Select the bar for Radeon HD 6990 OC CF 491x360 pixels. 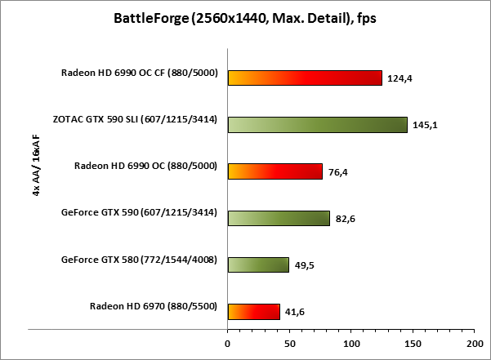coord(305,78)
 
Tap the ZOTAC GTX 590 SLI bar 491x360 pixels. coord(317,124)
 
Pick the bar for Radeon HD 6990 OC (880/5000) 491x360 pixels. coord(275,171)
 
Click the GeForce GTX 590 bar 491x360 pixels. coord(279,218)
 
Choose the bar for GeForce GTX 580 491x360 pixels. coord(258,264)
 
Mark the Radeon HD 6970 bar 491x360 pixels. coord(253,311)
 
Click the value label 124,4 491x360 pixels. coord(401,78)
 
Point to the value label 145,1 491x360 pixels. coord(426,125)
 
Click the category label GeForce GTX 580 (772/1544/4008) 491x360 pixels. coord(139,260)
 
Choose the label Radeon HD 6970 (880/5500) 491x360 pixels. coord(153,307)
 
